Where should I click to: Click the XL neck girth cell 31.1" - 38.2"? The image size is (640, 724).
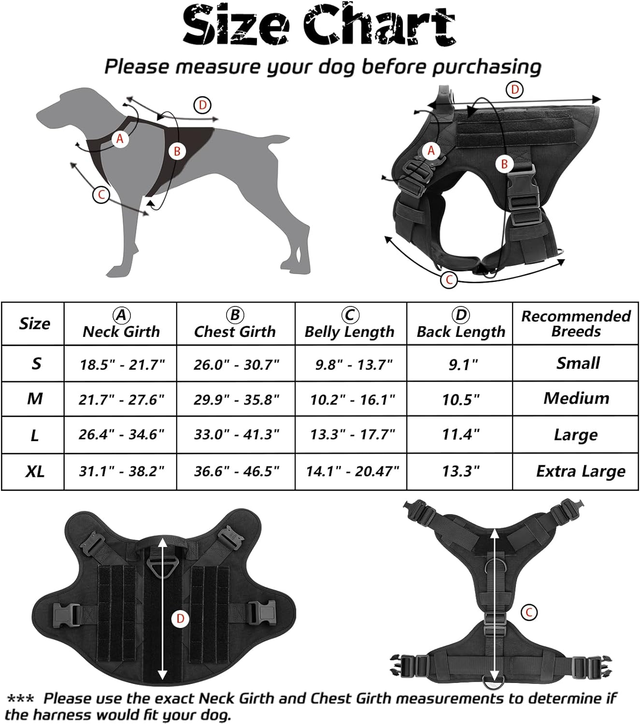coord(122,472)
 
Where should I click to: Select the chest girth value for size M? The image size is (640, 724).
coord(237,400)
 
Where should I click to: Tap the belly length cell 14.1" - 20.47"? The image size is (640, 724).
coord(353,472)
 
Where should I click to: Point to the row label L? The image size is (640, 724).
coord(35,436)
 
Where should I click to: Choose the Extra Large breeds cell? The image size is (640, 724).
coord(581,472)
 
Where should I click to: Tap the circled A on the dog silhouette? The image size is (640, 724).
coord(120,139)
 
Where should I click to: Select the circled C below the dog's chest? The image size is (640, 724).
coord(101,195)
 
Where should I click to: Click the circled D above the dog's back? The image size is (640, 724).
coord(202,105)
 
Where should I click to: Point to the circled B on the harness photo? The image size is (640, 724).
coord(504,164)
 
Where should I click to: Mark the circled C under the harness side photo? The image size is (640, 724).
coord(449,280)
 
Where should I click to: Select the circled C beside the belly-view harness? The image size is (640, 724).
coord(529,612)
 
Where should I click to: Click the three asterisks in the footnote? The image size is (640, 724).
coord(21,698)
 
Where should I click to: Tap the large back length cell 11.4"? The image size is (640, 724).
coord(461,434)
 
